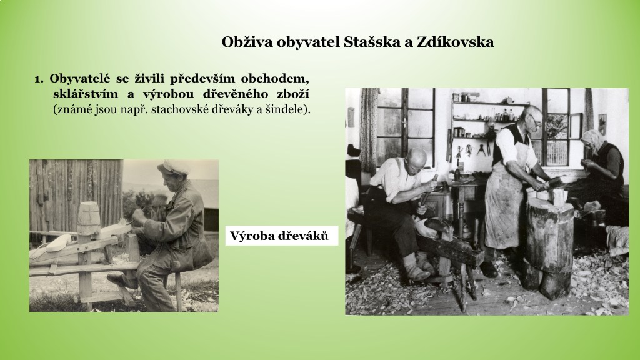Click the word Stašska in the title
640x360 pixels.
tap(372, 42)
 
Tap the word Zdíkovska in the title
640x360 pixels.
tap(455, 42)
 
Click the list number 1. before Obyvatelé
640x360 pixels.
tap(39, 78)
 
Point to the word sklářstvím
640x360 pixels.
tap(86, 94)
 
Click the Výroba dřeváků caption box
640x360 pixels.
tap(282, 236)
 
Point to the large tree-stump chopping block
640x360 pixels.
tap(549, 245)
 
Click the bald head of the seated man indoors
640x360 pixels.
tap(417, 157)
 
